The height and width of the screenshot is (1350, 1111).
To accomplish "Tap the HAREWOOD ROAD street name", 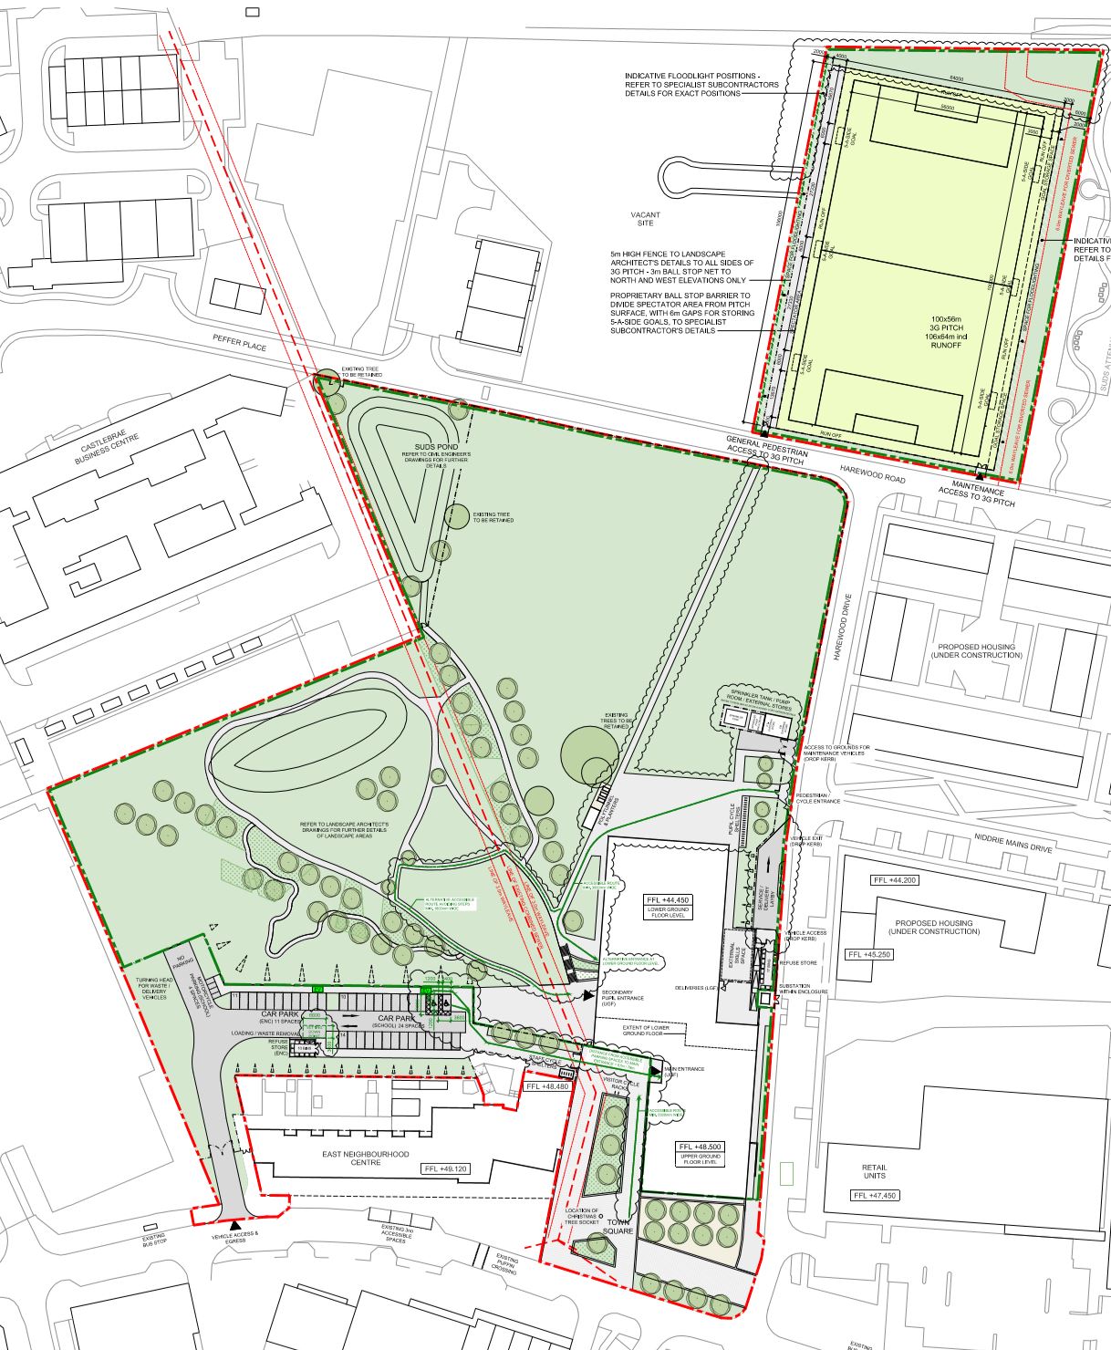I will (873, 479).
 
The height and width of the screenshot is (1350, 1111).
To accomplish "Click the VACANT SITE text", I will (645, 219).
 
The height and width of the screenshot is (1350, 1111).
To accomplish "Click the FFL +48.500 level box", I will (700, 1147).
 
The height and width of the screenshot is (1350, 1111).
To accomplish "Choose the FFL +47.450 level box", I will (874, 1195).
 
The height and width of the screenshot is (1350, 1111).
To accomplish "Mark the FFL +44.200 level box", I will (894, 880).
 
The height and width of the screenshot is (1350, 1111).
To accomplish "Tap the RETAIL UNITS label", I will (874, 1171).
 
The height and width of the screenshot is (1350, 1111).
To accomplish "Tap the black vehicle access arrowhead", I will (235, 1224).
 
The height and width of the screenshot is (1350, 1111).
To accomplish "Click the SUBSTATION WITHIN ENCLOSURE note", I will (803, 989).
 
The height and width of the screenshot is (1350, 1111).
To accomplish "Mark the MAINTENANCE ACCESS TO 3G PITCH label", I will (976, 496).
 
